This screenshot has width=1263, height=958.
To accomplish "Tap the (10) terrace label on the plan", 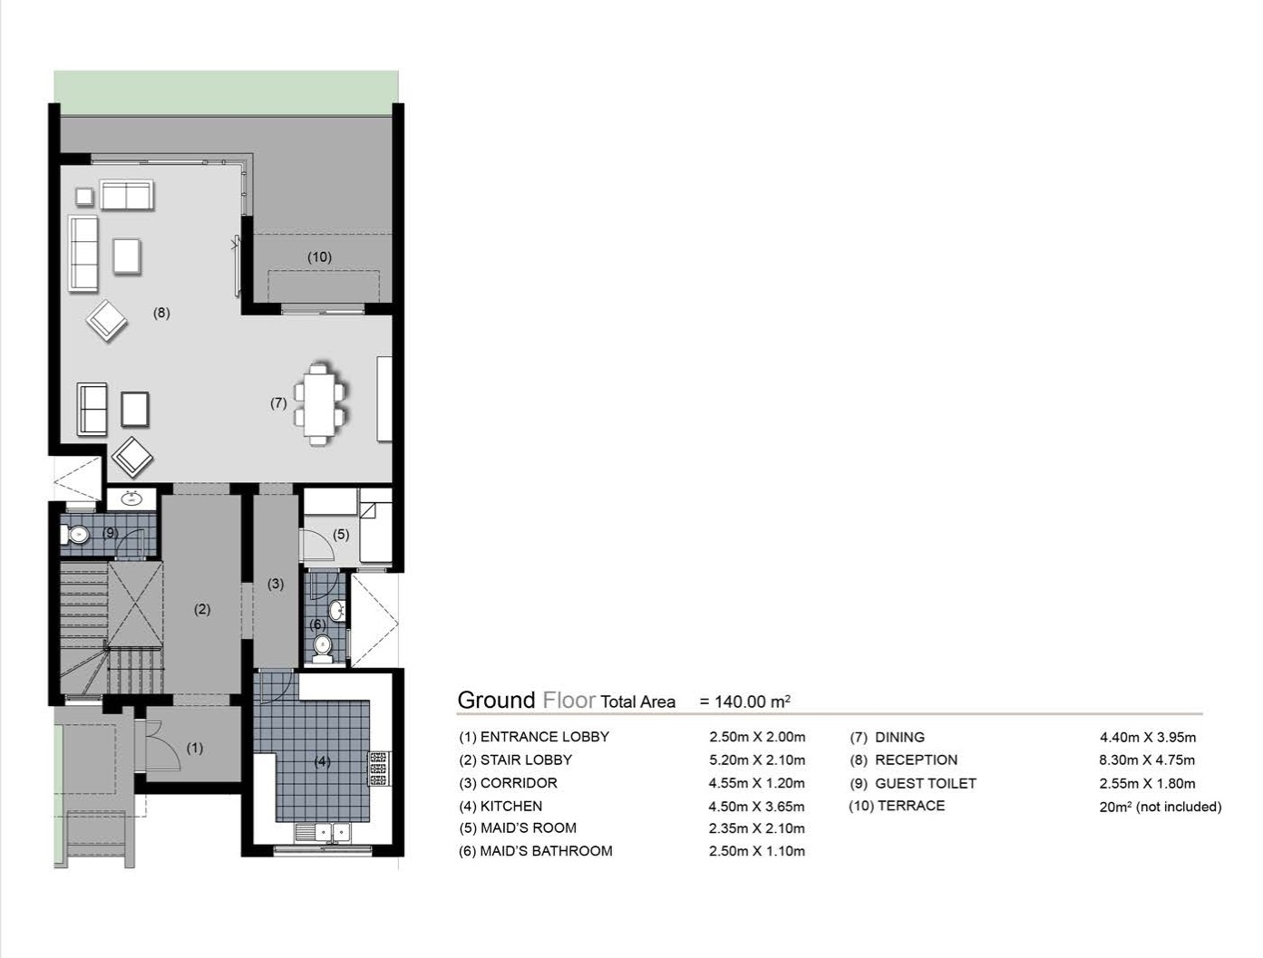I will coord(319,257).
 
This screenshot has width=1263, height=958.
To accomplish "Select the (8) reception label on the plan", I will coord(161,314).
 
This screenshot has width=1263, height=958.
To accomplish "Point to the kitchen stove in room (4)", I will coord(377,769).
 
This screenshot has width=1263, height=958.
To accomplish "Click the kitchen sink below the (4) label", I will coord(323,830).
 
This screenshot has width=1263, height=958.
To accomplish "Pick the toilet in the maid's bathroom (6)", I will coord(323,644).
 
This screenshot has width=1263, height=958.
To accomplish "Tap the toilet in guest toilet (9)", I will coord(76,535).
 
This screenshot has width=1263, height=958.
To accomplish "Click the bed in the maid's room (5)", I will coord(376,529).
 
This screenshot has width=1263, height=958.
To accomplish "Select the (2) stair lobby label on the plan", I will coord(202,610).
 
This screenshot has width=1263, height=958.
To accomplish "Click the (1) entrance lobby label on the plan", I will coord(195,749).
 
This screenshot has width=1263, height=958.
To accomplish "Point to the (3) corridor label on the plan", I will coord(276,585).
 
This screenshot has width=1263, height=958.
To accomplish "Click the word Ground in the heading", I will coord(496,701).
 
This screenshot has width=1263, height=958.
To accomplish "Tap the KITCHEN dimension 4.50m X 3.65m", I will coord(756,806).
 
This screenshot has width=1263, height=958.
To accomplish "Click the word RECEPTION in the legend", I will coord(916,760).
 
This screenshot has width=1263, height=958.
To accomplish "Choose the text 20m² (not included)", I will coord(1160,807).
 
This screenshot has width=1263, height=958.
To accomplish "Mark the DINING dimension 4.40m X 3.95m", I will coord(1147,737).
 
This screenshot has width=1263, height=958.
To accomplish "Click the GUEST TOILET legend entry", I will coord(925,783).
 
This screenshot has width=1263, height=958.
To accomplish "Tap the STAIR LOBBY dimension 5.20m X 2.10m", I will coord(756,760).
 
